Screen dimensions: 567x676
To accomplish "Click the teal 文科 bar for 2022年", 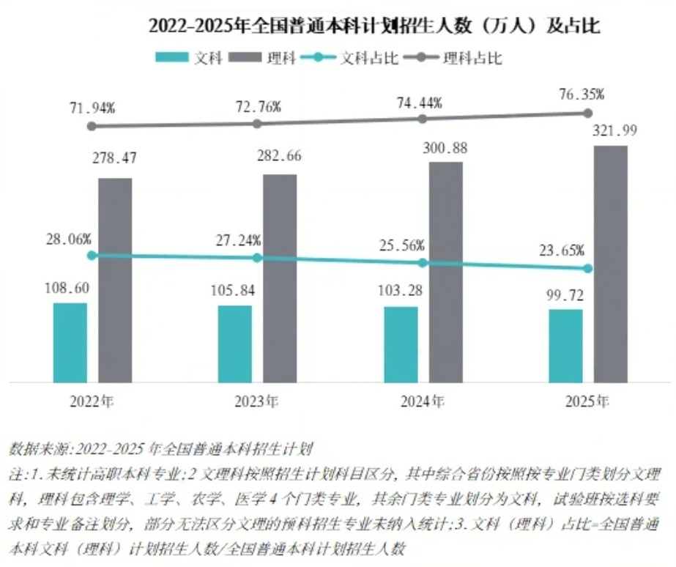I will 70,342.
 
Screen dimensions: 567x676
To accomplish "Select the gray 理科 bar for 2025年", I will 610,264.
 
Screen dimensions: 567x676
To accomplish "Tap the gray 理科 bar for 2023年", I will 280,278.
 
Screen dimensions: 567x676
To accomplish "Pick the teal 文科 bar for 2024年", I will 401,344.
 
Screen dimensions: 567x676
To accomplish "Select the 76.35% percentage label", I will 580,94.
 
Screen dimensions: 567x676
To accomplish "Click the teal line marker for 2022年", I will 92,256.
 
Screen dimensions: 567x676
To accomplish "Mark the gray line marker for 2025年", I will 587,113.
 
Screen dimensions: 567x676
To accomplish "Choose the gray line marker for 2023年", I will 257,124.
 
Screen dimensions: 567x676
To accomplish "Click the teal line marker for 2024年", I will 423,262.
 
